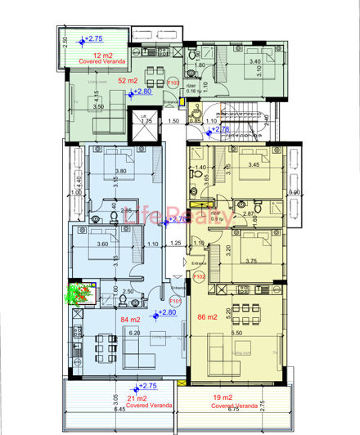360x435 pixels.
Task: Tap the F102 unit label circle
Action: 198,277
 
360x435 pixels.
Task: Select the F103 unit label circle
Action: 174,82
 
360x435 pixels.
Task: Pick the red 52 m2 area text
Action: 128,80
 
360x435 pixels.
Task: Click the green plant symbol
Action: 80,293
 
